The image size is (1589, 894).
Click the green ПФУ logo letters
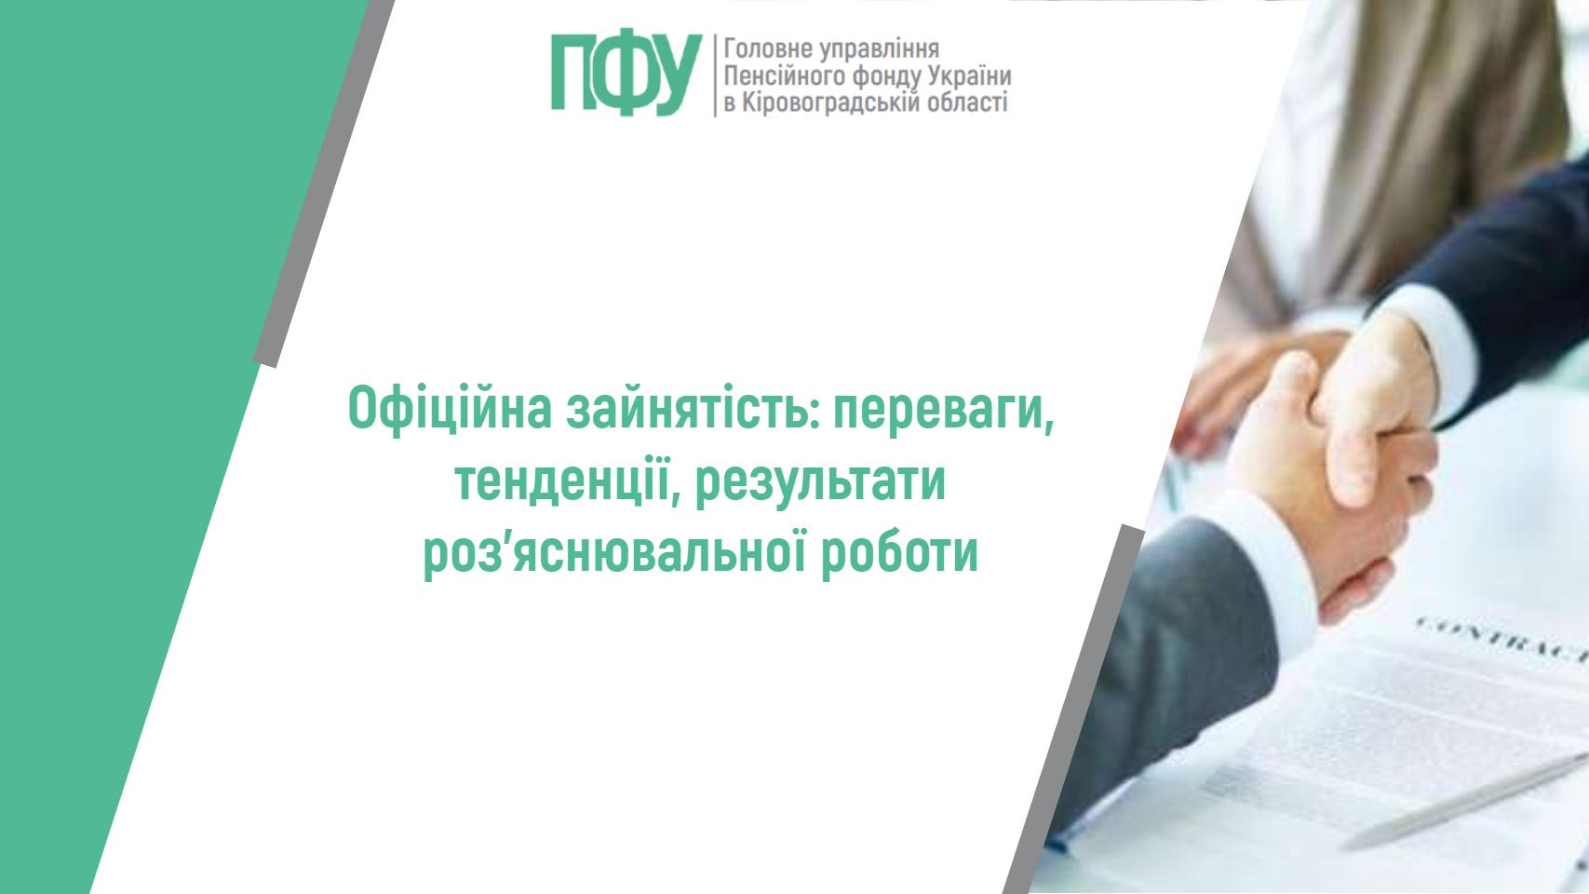point(625,74)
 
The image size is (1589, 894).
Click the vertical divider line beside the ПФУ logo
point(715,74)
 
